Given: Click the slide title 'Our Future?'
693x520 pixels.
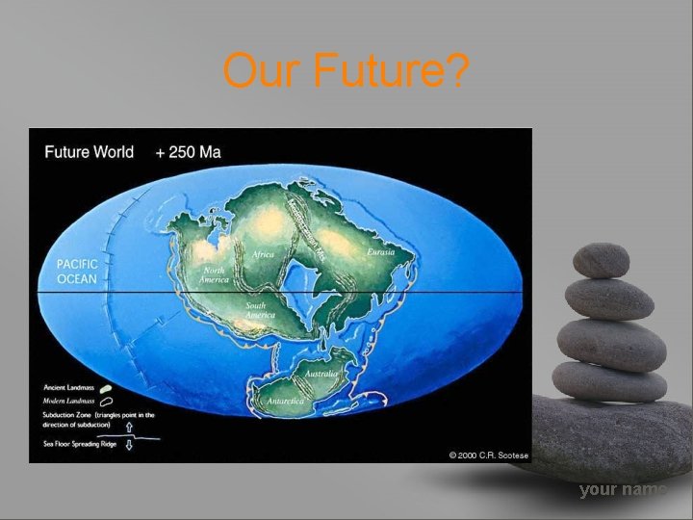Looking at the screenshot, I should pyautogui.click(x=346, y=70).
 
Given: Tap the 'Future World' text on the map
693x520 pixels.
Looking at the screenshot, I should pyautogui.click(x=91, y=152).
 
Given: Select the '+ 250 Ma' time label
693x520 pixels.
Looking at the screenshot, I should pyautogui.click(x=189, y=152).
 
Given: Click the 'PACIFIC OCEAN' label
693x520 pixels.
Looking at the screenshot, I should pyautogui.click(x=77, y=271).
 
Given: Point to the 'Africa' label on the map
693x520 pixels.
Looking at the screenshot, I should pyautogui.click(x=263, y=254).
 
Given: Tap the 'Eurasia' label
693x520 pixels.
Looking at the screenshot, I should pyautogui.click(x=381, y=252).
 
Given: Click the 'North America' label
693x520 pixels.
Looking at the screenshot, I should pyautogui.click(x=214, y=275).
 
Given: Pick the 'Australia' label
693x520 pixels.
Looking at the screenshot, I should pyautogui.click(x=321, y=373).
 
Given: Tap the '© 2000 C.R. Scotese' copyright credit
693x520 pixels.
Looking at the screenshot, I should pyautogui.click(x=489, y=455).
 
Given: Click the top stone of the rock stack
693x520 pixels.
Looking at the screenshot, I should pyautogui.click(x=601, y=260).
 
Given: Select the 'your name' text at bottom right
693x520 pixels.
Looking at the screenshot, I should pyautogui.click(x=623, y=490).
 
